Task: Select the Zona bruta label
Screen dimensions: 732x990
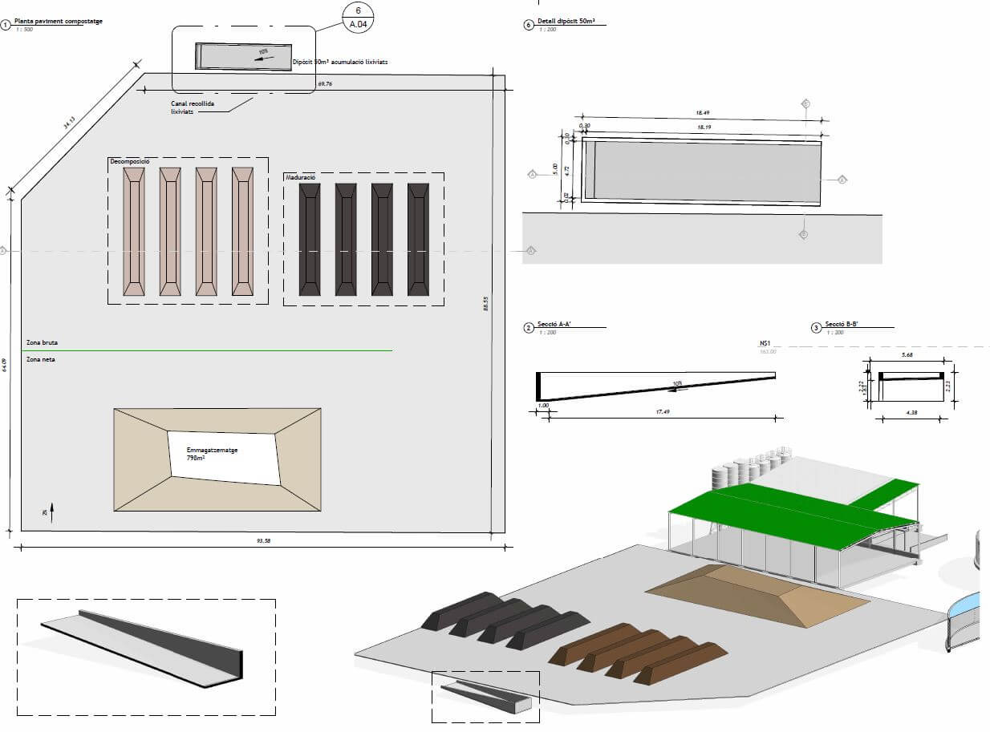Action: [x=42, y=342]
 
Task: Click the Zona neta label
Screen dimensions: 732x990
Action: [x=41, y=359]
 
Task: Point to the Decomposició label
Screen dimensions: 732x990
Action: [x=129, y=162]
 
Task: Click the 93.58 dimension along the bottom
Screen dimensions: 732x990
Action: [x=262, y=541]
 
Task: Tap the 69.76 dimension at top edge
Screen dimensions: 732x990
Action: [x=325, y=83]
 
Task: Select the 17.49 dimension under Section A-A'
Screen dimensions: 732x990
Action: [x=662, y=412]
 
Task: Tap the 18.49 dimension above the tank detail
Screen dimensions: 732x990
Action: [x=701, y=115]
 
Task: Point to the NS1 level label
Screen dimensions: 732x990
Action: [x=765, y=343]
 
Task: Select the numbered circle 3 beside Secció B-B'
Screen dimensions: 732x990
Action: [x=817, y=327]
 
